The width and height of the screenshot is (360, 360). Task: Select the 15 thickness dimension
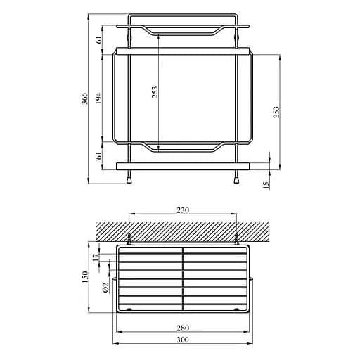pyautogui.click(x=265, y=184)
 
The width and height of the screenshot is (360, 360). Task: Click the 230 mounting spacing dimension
pyautogui.click(x=184, y=210)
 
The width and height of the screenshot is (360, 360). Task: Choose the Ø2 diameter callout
pyautogui.click(x=105, y=287)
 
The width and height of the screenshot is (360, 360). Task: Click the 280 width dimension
pyautogui.click(x=184, y=328)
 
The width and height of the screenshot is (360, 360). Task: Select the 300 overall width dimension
pyautogui.click(x=184, y=340)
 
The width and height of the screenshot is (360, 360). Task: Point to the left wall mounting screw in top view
pyautogui.click(x=130, y=238)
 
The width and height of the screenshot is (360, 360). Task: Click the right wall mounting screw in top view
pyautogui.click(x=237, y=238)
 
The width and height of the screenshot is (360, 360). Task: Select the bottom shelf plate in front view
pyautogui.click(x=184, y=166)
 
